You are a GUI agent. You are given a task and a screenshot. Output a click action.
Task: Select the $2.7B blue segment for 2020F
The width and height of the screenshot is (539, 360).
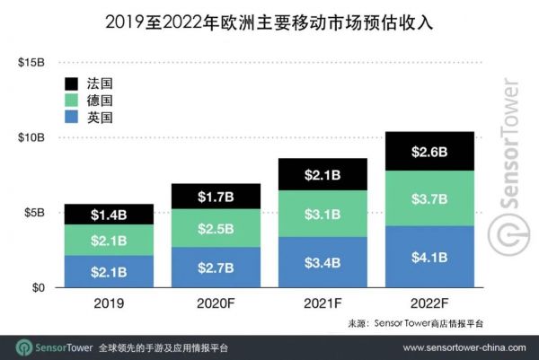216,268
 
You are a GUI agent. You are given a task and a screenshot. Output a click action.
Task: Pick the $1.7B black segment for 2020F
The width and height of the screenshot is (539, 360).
216,197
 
